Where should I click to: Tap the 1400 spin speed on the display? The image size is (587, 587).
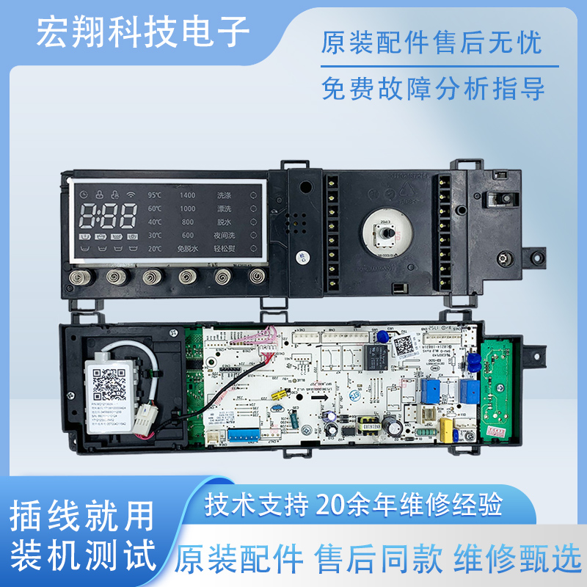pyautogui.click(x=187, y=196)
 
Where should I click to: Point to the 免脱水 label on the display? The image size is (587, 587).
pyautogui.click(x=188, y=249)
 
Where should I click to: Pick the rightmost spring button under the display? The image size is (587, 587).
pyautogui.click(x=257, y=276)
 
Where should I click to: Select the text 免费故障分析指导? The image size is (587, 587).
pyautogui.click(x=433, y=89)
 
